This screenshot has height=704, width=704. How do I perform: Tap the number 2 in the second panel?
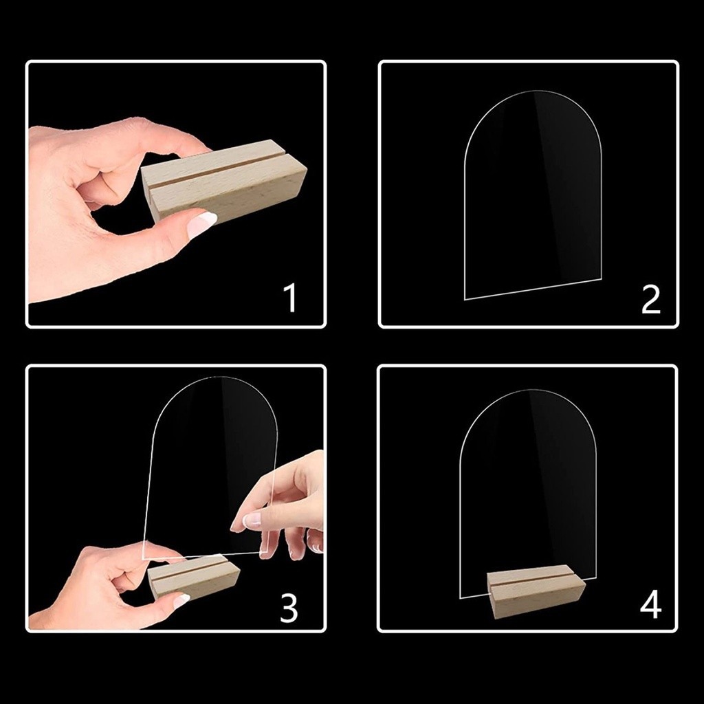coord(651,299)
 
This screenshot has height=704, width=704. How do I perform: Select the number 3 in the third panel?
coord(289,608)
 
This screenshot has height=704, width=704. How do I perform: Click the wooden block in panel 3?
coord(194,576)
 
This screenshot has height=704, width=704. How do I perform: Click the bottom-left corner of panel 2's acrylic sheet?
coord(465,300)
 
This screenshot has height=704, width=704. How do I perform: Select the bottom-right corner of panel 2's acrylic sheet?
coord(601,279)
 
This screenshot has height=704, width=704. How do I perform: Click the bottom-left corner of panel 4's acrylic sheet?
coord(460,598)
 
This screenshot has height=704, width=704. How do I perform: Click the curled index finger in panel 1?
coord(96,188)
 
